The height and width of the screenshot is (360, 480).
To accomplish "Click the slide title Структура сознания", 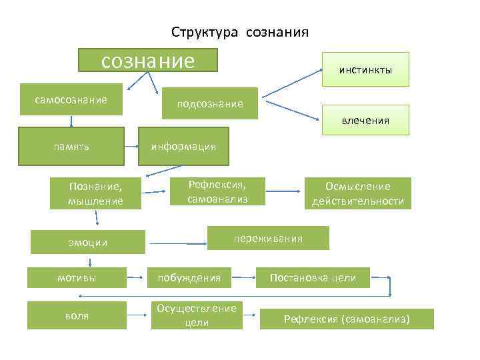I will pos(239,32).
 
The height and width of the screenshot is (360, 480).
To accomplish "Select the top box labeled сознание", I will pos(148,60).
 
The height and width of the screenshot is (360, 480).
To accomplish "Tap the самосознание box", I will pos(71,99).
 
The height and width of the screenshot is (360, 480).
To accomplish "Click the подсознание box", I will pos(210,103).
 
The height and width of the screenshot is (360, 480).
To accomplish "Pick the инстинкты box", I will pos(365,69).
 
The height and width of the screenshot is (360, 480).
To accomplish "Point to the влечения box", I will pos(365,121).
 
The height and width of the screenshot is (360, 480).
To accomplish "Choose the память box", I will pos(72,145).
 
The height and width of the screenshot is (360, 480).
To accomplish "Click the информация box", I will pos(183,145).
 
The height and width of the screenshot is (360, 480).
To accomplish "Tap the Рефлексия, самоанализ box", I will pos(217,191).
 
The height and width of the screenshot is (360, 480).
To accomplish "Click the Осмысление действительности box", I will pos(358,193).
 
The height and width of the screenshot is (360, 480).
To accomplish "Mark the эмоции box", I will pos(88,242).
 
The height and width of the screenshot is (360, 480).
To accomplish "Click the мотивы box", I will pos(77,277).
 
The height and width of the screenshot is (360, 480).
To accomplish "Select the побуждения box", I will pos(189,277).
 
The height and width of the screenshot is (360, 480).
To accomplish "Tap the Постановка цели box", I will pos(313,277).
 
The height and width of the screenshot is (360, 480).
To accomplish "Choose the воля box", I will pos(77,315).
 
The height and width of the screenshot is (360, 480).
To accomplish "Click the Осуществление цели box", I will pos(197,315).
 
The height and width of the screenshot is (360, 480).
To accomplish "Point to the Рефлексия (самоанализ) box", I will pos(347,319).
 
